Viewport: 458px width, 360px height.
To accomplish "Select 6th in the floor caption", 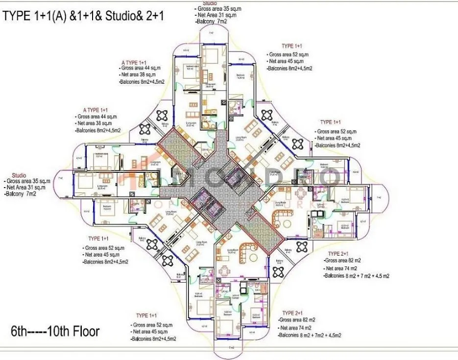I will (21, 331).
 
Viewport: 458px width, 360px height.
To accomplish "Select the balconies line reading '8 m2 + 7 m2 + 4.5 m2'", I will (356, 276).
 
